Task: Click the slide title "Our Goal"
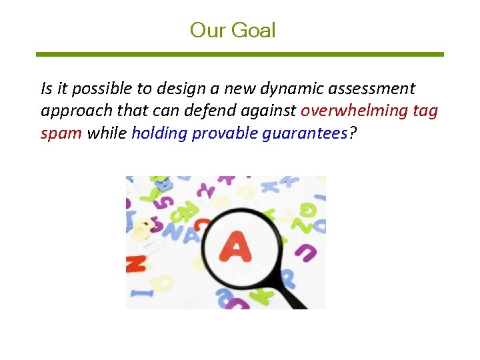pyautogui.click(x=232, y=30)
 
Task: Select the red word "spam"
pyautogui.click(x=61, y=133)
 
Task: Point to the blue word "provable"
pyautogui.click(x=225, y=133)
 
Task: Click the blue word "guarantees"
pyautogui.click(x=305, y=133)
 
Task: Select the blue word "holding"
pyautogui.click(x=159, y=133)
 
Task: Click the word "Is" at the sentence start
pyautogui.click(x=46, y=88)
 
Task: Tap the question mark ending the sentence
pyautogui.click(x=353, y=133)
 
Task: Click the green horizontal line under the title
pyautogui.click(x=239, y=54)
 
